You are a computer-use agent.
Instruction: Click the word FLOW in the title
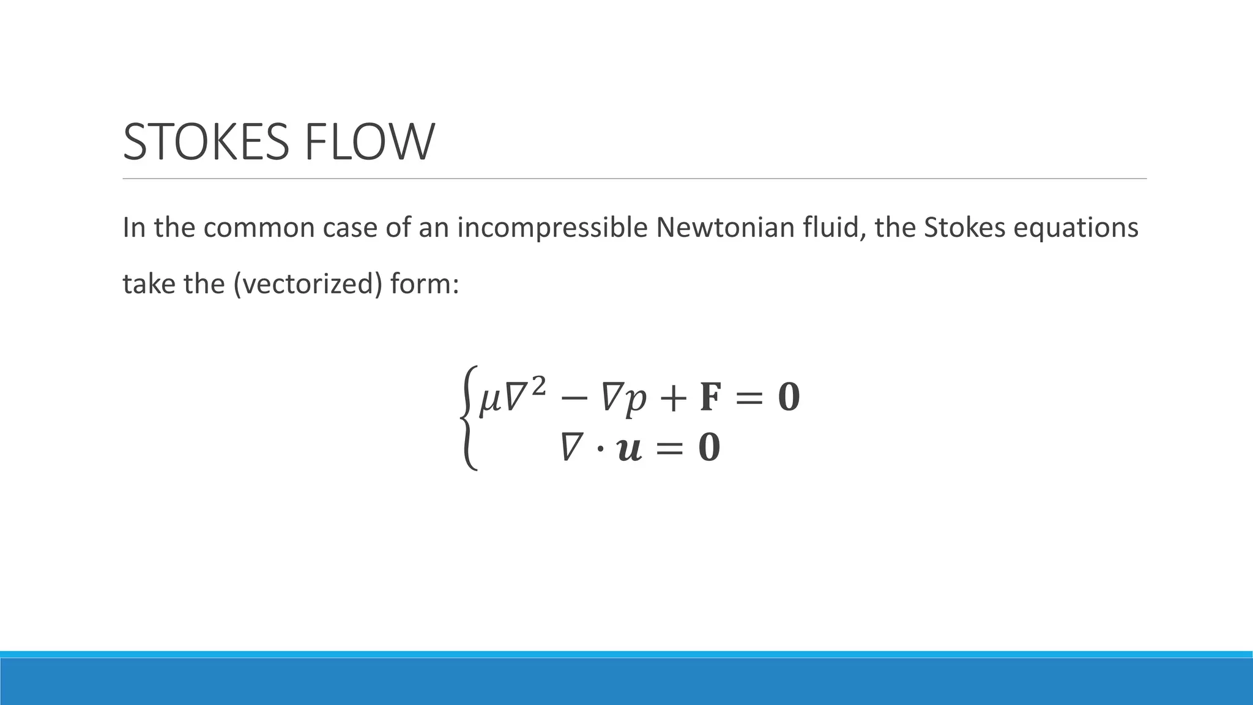point(369,142)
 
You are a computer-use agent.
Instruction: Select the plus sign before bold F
point(673,398)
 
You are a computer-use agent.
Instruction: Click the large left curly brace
point(469,418)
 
